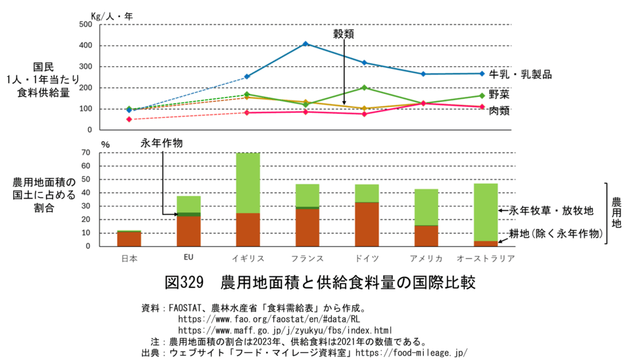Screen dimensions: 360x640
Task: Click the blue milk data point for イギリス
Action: (306, 44)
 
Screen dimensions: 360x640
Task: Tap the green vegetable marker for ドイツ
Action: (364, 87)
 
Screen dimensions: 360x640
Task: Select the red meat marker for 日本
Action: (129, 119)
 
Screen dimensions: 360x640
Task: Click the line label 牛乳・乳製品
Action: (521, 74)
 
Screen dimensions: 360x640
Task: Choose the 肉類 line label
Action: (500, 111)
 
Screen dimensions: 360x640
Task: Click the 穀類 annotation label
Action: (344, 34)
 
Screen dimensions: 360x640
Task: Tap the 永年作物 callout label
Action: (162, 143)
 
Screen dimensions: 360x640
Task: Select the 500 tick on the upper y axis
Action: (85, 24)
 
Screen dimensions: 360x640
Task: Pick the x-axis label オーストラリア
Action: (486, 258)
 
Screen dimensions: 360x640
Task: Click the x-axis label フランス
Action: (307, 258)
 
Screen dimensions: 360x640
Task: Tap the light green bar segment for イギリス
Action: (247, 182)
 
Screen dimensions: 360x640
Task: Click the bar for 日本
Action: (128, 239)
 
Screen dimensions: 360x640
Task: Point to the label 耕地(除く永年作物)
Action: (556, 234)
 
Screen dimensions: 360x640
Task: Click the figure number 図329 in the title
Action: (184, 282)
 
